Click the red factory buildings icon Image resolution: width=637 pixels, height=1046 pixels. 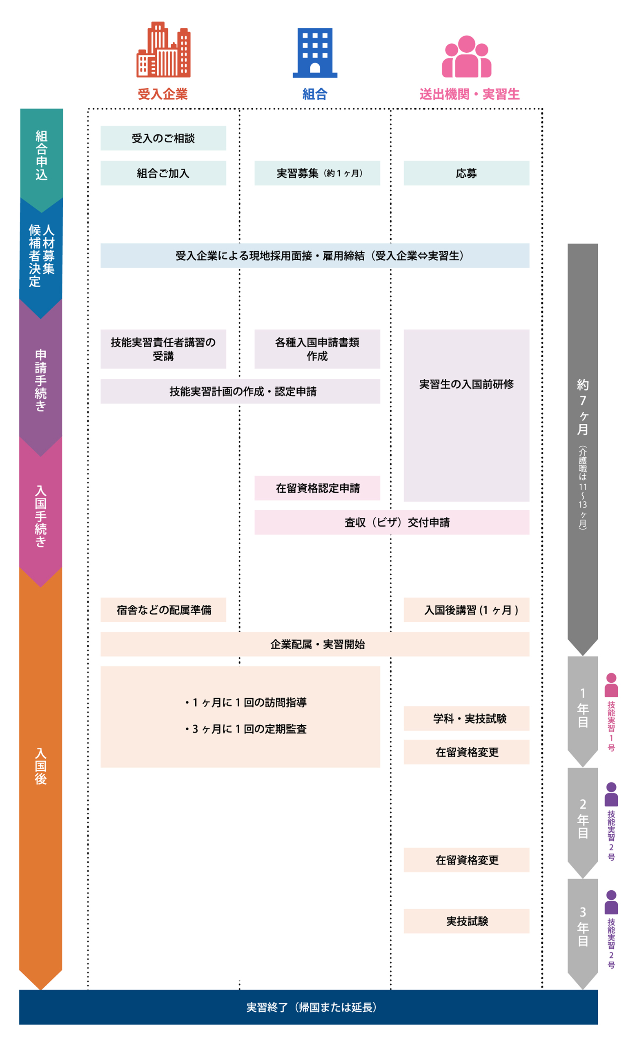163,50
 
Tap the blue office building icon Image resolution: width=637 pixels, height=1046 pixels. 315,53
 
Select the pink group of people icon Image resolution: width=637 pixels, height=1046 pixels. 466,56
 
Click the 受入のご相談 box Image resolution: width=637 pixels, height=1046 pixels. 163,138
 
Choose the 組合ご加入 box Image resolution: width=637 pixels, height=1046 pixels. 163,173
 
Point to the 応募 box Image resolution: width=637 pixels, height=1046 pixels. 466,173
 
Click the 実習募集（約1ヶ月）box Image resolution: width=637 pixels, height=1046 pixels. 317,173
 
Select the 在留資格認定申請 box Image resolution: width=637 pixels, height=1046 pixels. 317,488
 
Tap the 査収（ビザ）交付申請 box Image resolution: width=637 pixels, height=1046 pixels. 392,522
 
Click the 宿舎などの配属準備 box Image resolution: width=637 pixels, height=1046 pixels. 163,610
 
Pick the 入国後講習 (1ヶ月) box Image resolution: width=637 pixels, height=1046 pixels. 466,610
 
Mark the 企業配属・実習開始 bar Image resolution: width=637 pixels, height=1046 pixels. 315,644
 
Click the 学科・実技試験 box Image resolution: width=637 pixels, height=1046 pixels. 466,718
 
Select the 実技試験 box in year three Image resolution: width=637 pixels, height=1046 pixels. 466,921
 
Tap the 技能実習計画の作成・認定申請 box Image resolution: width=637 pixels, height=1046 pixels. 240,391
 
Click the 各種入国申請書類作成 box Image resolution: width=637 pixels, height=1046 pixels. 317,349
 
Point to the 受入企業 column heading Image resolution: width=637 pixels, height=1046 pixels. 163,94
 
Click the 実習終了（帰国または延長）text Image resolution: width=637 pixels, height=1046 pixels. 311,1007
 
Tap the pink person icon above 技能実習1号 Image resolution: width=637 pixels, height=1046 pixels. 611,685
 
